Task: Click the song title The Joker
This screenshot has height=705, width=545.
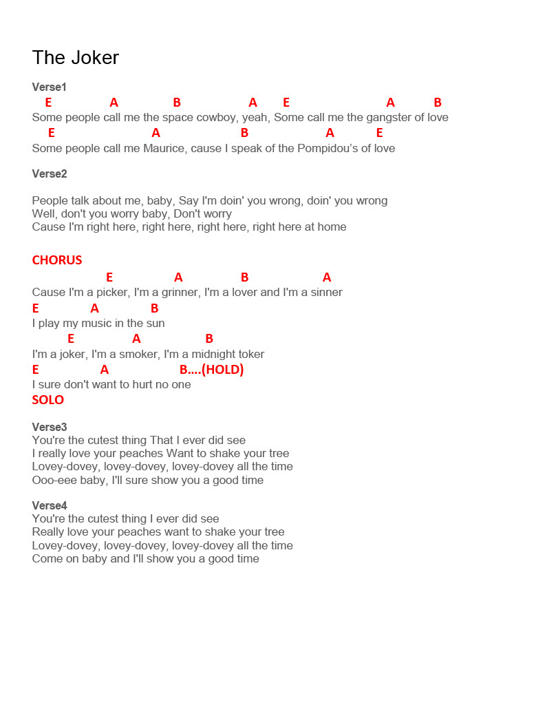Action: tap(76, 58)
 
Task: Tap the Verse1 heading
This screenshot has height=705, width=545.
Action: tap(50, 87)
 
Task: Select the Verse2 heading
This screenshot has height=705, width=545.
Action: tap(50, 174)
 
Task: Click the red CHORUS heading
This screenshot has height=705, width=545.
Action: tap(57, 260)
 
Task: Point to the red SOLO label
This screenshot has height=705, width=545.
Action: tap(48, 400)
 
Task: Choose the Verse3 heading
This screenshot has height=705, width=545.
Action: tap(50, 428)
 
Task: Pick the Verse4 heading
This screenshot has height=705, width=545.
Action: tap(50, 506)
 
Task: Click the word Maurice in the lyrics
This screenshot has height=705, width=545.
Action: tap(164, 149)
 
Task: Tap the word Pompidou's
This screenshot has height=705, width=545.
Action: tap(328, 149)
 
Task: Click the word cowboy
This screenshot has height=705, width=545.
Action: tap(217, 118)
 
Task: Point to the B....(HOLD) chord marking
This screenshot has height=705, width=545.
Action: tap(212, 370)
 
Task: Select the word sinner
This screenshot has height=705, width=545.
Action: tap(325, 293)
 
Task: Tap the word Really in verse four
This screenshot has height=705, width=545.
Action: tap(50, 532)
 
